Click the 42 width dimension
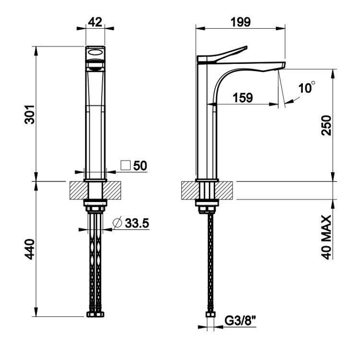95,22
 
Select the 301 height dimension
30,115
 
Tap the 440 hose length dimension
30,249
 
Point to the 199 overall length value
240,22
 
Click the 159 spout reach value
243,98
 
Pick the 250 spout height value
327,125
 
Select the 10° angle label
307,87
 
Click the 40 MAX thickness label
327,237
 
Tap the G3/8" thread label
240,321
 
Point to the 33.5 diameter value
137,223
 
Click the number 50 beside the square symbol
140,166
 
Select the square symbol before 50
125,165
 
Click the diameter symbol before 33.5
117,223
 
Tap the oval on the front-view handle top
95,53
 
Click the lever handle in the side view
222,54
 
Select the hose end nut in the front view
96,314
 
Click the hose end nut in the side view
210,314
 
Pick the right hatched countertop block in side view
224,191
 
